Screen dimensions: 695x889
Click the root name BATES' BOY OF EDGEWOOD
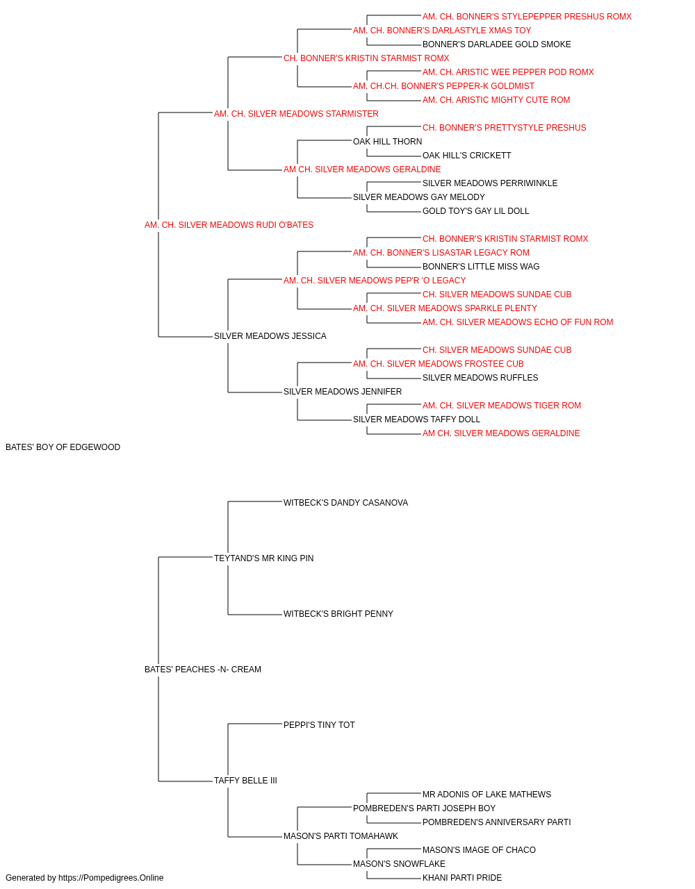[63, 447]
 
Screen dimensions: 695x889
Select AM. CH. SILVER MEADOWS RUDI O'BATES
[229, 225]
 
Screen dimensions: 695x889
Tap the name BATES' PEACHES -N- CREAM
[203, 670]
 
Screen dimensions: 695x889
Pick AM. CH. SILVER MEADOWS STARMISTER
[296, 114]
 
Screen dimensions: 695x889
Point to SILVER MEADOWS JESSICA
[270, 336]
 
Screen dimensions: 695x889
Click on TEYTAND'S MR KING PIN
[263, 558]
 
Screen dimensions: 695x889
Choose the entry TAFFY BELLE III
[245, 780]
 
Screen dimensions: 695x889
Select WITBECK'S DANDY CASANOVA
[345, 502]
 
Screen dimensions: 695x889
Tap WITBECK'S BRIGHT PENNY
[338, 614]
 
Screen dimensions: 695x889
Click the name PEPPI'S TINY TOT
[319, 725]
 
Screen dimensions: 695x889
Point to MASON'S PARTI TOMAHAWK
[341, 836]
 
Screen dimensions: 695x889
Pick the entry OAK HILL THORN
[387, 142]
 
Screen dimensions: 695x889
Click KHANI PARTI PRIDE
[461, 878]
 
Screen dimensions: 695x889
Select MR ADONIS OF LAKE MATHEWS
[486, 794]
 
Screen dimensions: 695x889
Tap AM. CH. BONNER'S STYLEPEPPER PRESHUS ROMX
[527, 17]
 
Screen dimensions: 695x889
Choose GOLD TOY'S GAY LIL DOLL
[475, 210]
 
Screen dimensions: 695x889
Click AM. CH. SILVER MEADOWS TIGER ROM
[501, 406]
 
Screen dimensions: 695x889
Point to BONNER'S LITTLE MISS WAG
[481, 266]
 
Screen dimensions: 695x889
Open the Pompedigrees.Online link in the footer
[111, 878]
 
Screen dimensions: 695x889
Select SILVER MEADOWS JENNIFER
[343, 392]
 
